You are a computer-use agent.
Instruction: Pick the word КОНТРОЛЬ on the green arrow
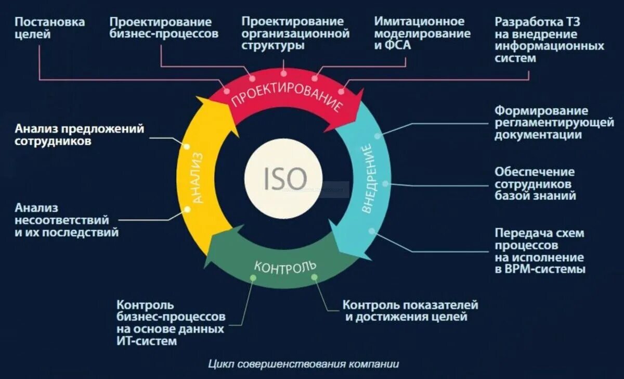285,267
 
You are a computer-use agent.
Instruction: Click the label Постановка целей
49,28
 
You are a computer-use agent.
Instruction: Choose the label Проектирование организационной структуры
295,33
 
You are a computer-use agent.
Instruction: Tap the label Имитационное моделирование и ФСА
422,33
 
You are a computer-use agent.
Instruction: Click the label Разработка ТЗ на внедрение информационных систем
549,40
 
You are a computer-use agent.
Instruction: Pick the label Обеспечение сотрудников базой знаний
535,184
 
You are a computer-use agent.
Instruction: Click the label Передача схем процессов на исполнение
540,251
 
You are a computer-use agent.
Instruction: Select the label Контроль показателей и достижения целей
410,310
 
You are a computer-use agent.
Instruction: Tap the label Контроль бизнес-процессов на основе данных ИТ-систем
171,322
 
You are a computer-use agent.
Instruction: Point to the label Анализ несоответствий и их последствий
67,220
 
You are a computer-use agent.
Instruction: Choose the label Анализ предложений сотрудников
80,134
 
